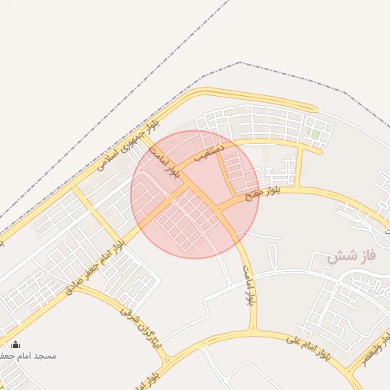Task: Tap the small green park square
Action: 313,134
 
